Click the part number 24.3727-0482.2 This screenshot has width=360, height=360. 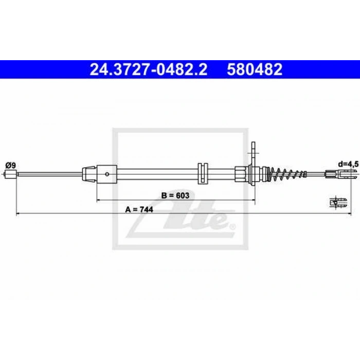[149, 69]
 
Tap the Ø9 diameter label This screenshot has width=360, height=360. [10, 165]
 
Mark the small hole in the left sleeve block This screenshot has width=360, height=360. [106, 174]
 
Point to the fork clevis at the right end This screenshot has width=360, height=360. [340, 175]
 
